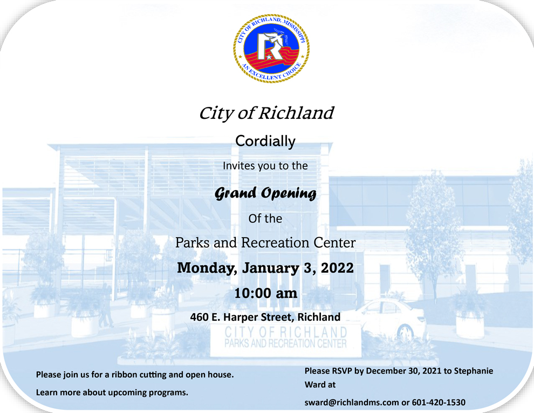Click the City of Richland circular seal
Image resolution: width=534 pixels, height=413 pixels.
pos(271,48)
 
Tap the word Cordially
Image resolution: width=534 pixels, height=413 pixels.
pos(265,141)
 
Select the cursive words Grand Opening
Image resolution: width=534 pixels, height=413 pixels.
pos(265,193)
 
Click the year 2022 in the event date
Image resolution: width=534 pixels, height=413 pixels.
pos(337,268)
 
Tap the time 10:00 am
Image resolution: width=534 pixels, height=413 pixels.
pos(265,293)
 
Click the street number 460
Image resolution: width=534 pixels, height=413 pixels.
pos(199,317)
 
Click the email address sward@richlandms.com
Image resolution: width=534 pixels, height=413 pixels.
pos(352,402)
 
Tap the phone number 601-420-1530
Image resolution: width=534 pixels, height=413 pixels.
pos(439,402)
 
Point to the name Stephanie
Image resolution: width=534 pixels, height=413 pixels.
pos(474,371)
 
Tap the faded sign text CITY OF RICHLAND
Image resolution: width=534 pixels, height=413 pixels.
pos(286,332)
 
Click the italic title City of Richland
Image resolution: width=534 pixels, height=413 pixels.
pos(266,113)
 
